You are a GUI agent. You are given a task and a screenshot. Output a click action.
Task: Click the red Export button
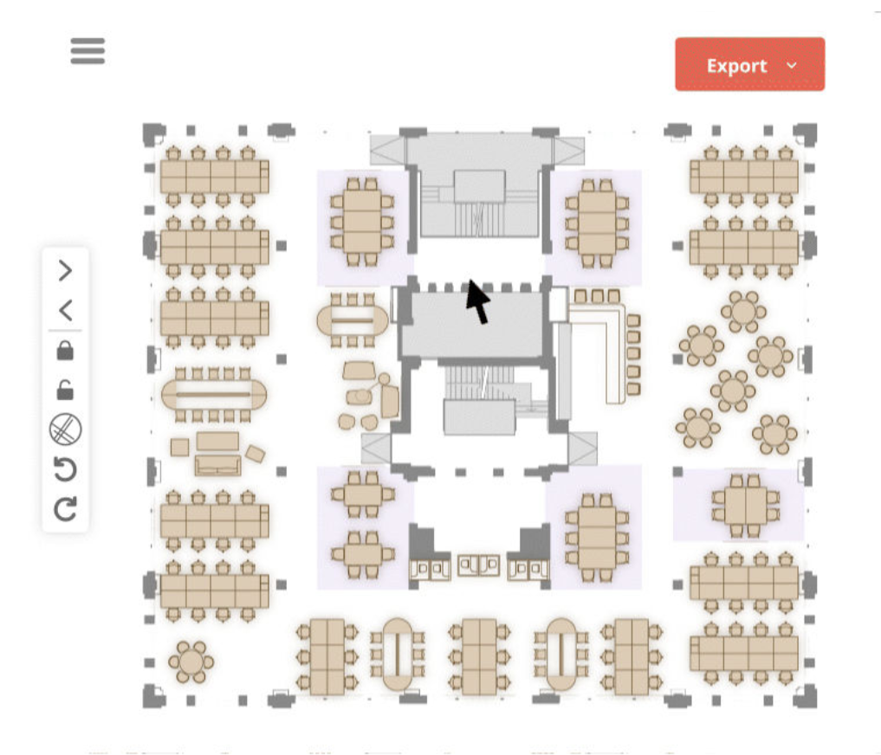[x=736, y=65]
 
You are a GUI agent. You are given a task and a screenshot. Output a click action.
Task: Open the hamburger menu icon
[x=87, y=51]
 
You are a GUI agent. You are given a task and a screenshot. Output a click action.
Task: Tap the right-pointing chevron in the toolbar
[x=65, y=271]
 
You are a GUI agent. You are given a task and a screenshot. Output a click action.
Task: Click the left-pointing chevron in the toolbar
[x=65, y=310]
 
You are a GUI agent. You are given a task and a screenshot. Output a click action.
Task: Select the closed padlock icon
[x=65, y=351]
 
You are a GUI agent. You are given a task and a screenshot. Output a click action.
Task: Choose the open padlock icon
[x=65, y=390]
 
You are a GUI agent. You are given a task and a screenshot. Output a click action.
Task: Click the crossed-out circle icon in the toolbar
[x=65, y=429]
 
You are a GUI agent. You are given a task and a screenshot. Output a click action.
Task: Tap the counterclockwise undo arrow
[x=65, y=469]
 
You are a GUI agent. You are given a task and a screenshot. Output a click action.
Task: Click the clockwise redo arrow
[x=65, y=509]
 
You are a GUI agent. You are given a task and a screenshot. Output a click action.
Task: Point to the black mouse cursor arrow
[x=476, y=301]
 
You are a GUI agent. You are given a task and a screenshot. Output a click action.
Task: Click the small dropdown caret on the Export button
[x=790, y=66]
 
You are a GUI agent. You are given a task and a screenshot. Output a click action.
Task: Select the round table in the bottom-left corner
[x=191, y=663]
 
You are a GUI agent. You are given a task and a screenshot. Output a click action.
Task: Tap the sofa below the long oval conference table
[x=217, y=464]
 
